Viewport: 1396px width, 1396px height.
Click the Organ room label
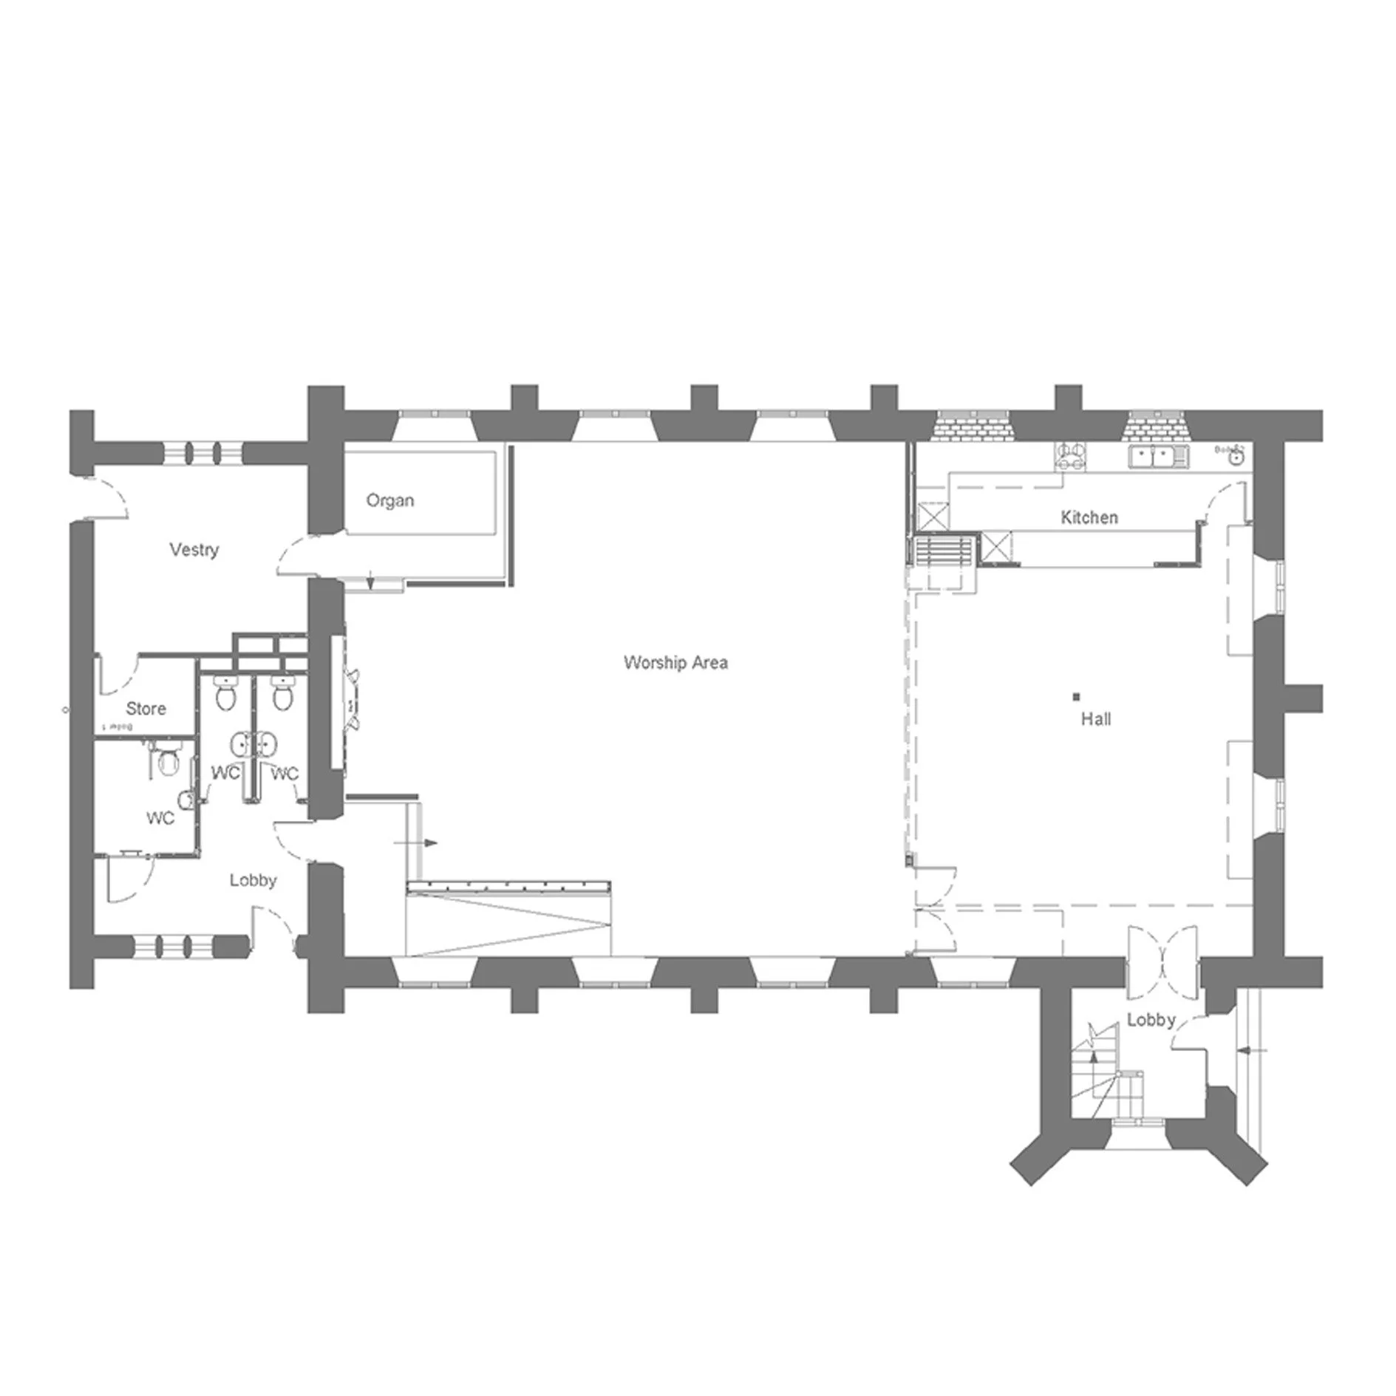coord(390,501)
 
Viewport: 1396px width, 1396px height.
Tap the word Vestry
coord(194,550)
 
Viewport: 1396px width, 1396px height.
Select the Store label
coord(146,709)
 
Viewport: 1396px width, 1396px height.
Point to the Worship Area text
coord(675,662)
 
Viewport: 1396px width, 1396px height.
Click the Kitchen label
coord(1089,517)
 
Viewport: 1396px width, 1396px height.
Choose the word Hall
coord(1095,718)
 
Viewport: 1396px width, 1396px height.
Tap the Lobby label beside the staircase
coord(1151,1020)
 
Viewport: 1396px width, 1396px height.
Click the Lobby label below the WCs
coord(253,880)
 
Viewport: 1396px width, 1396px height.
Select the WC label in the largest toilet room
coord(160,818)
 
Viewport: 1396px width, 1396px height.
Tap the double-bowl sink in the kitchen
coord(1157,457)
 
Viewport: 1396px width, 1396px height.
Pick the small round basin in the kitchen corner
coord(1235,458)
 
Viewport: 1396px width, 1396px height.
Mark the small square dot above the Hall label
coord(1076,696)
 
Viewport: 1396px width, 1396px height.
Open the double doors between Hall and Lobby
coord(1162,959)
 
